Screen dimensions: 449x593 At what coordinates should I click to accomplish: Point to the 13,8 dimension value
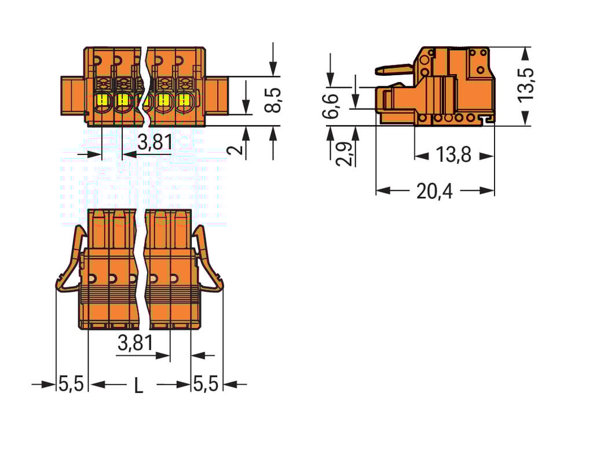(x=453, y=155)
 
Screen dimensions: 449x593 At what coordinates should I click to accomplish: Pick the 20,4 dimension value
(x=435, y=191)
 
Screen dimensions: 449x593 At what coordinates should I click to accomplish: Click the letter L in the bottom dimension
(x=138, y=385)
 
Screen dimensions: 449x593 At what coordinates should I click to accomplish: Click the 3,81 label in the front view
(x=155, y=142)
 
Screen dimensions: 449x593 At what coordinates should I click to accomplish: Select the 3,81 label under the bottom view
(x=135, y=343)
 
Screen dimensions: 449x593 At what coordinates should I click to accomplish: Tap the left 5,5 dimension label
(x=71, y=384)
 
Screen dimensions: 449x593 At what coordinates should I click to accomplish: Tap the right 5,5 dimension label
(x=207, y=384)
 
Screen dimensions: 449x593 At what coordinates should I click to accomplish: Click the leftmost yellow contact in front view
(x=102, y=100)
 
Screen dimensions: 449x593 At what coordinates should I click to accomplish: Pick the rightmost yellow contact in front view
(x=184, y=100)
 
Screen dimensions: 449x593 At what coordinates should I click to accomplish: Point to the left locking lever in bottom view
(x=71, y=260)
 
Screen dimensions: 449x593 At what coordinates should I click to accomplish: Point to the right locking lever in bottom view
(x=208, y=260)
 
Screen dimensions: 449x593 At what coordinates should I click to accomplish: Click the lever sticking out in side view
(x=394, y=70)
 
